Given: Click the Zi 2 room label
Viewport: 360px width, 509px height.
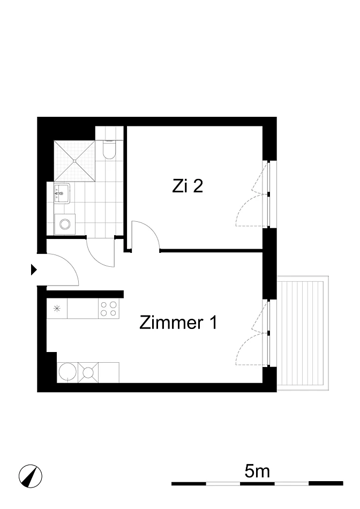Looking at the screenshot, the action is [x=187, y=186].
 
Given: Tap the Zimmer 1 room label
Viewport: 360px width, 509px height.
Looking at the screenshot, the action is [x=178, y=323].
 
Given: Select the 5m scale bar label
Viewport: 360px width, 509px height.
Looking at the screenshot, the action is [x=257, y=471].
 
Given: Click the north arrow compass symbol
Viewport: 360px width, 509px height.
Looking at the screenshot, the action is [x=30, y=476].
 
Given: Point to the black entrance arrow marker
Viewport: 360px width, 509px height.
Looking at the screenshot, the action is [x=34, y=270].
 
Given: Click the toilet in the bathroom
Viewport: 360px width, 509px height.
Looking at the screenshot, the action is [x=109, y=149].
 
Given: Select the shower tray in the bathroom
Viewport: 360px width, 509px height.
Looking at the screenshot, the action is [x=74, y=161].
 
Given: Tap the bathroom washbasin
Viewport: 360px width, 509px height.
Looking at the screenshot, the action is [x=62, y=193].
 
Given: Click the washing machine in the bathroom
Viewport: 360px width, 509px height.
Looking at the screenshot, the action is [x=65, y=224].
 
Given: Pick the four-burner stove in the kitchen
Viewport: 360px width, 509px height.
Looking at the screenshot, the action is [x=109, y=309].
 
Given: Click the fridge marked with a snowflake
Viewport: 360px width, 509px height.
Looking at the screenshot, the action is [x=57, y=309].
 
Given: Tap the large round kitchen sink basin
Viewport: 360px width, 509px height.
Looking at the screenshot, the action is [x=67, y=372].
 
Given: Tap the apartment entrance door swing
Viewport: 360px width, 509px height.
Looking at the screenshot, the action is [x=63, y=270].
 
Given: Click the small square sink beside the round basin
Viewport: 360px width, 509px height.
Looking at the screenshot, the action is [x=88, y=372].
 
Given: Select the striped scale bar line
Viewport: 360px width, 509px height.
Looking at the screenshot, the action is [x=257, y=483].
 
